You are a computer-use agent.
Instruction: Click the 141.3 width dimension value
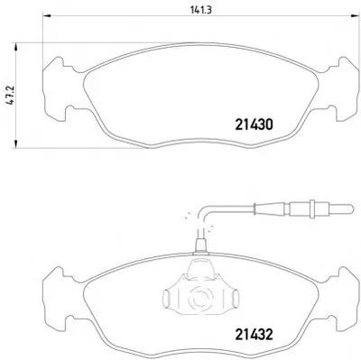point(201,10)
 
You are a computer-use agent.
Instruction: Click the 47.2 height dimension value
point(11,96)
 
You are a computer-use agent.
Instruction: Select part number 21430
point(254,125)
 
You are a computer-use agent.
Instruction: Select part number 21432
point(254,335)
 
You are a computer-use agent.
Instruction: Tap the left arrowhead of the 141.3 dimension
point(47,15)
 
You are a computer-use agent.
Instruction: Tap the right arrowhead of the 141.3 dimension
point(355,15)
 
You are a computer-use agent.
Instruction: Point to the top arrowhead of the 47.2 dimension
point(15,48)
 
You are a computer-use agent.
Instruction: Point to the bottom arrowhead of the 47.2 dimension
point(15,143)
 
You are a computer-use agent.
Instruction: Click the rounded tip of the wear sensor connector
point(349,208)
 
